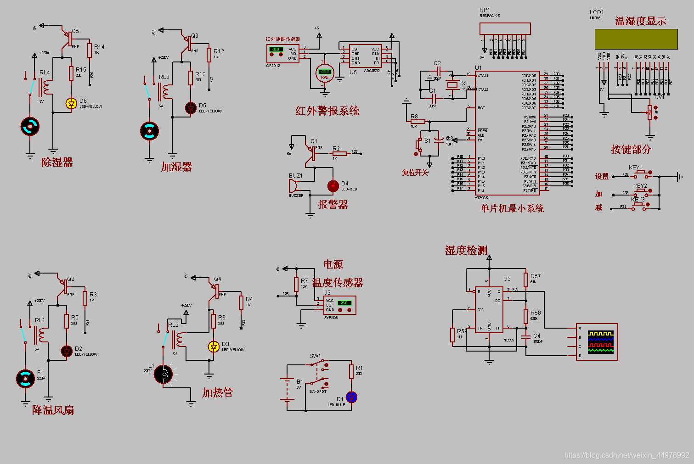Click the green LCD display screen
[x=636, y=39]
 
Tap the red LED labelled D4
[x=333, y=186]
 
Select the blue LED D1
[x=351, y=397]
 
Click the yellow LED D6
[x=71, y=103]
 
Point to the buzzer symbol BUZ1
[x=292, y=186]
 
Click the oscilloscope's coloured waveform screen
[x=600, y=342]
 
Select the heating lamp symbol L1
[x=163, y=375]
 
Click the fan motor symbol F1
[x=25, y=379]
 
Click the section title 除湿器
[x=57, y=162]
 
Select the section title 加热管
[x=218, y=392]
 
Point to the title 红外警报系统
[x=327, y=111]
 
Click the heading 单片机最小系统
[x=512, y=208]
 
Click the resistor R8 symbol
[x=418, y=122]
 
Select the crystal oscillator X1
[x=453, y=84]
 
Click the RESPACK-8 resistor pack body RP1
[x=505, y=28]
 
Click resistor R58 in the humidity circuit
[x=526, y=316]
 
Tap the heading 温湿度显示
[x=640, y=21]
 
